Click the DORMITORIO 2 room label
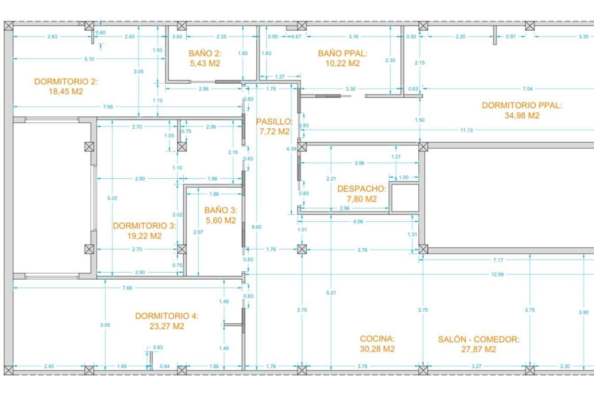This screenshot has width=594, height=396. (66, 82)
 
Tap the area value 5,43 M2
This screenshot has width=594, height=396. (204, 63)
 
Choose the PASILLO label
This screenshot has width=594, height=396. (274, 121)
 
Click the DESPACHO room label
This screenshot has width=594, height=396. (361, 189)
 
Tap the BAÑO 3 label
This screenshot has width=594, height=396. (220, 210)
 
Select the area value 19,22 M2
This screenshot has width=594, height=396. (145, 236)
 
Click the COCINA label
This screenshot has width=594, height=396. (377, 339)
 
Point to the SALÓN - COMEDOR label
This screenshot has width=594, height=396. (479, 339)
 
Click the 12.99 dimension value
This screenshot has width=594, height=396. (497, 274)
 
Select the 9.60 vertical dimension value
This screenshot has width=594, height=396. (257, 227)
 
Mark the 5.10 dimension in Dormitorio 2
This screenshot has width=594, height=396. (89, 59)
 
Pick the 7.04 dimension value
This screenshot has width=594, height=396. (528, 89)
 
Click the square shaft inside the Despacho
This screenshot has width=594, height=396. (404, 198)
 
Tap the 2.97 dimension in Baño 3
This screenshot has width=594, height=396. (198, 232)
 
